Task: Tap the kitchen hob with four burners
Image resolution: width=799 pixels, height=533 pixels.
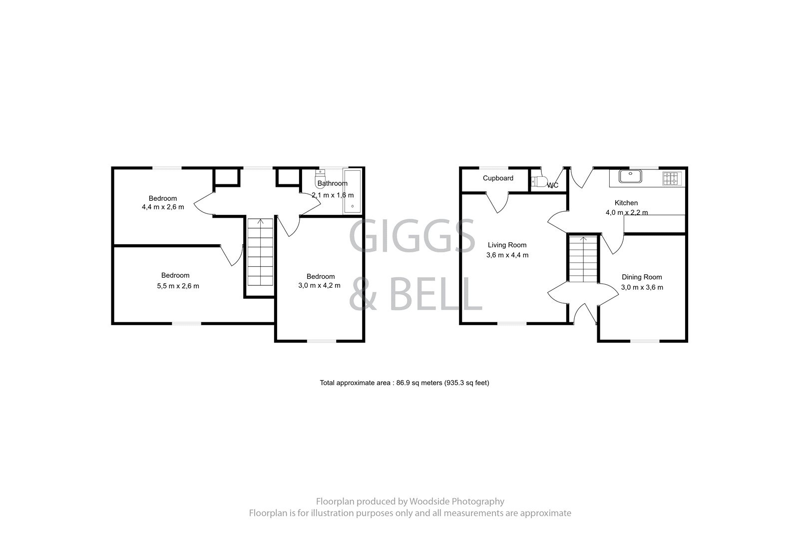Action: [671, 178]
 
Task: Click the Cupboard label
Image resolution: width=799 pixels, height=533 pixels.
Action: [498, 178]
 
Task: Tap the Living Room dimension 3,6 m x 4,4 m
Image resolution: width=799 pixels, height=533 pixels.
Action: [507, 255]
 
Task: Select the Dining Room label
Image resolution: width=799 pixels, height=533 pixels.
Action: [642, 277]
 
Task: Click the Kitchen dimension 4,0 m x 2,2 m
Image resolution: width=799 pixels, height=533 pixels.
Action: [627, 212]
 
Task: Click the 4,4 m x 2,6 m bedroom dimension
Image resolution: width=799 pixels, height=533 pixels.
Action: [163, 207]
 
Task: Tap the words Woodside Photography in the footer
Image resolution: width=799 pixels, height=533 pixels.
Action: [456, 502]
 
